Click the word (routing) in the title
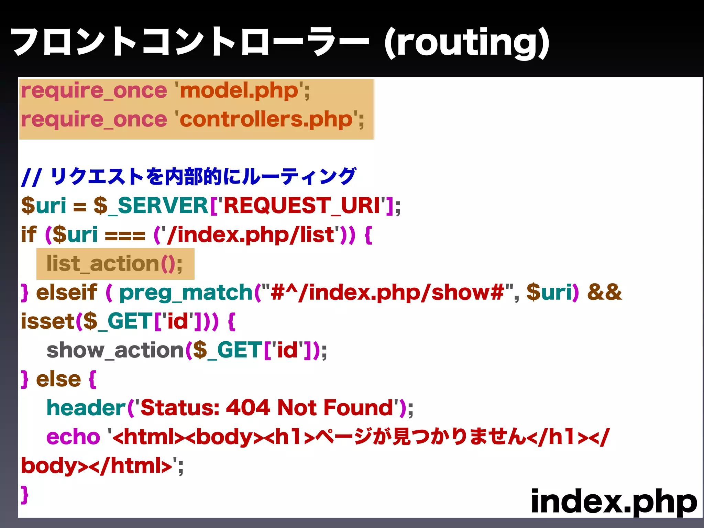coord(467,43)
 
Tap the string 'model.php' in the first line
coord(239,91)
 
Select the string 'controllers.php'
coord(266,120)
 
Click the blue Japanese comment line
coord(188,177)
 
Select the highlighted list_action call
coord(114,264)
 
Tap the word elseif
coord(67,293)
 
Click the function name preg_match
coord(186,293)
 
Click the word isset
coord(48,321)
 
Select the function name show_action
coord(115,350)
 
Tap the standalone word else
coord(58,379)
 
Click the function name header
coord(86,408)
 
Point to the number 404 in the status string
coord(248,408)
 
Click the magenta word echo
coord(73,437)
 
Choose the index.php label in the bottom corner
coord(614,502)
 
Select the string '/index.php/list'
coord(250,235)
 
